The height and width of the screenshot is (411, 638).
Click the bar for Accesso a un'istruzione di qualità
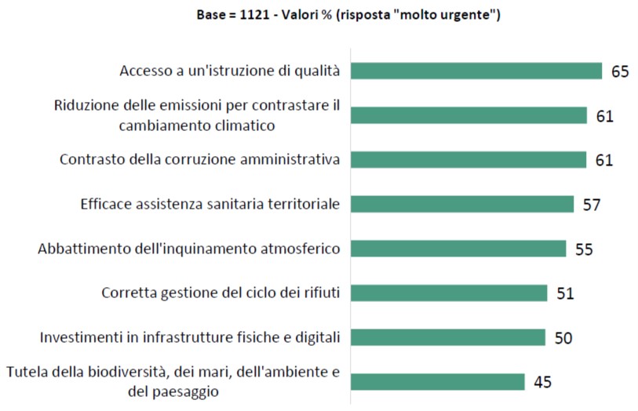(476, 71)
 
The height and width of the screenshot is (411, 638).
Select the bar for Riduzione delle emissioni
(468, 115)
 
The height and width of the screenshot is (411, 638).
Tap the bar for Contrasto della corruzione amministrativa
(468, 159)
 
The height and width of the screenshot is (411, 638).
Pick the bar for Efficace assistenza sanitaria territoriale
(462, 204)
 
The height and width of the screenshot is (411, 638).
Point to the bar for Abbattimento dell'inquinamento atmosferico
(458, 249)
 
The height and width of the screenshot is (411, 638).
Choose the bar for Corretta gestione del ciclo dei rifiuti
(449, 293)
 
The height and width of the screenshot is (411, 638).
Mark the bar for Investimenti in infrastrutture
(447, 337)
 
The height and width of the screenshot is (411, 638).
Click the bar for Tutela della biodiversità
(438, 382)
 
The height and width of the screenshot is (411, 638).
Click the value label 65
(621, 71)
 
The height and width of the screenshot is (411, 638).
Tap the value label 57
(592, 205)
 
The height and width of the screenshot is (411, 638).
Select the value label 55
(585, 249)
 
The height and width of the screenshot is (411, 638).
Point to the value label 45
(543, 383)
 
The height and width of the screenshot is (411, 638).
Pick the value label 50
(563, 338)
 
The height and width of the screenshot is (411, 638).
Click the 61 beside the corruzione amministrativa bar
(604, 160)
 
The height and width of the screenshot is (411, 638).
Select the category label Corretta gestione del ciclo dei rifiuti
(221, 293)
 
